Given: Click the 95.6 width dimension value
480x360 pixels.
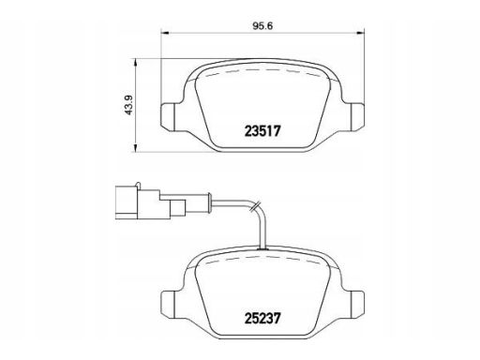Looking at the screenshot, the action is pos(262,26).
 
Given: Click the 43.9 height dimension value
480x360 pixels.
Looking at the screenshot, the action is pos(129,105).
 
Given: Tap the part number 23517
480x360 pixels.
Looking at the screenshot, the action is pos(262,131).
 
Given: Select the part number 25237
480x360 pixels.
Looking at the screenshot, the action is pos(262,319).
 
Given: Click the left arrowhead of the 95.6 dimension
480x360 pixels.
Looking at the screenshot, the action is pos(164,32).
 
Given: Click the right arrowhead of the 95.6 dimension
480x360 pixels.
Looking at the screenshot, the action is pos(361,32).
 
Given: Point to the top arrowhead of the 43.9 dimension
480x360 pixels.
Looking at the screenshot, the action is pos(135,63).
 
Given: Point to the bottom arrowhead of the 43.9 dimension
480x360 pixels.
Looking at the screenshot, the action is pos(135,148).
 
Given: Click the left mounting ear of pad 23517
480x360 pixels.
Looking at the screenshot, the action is pos(168,117).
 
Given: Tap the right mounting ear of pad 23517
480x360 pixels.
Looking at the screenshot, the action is pos(357,117).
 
